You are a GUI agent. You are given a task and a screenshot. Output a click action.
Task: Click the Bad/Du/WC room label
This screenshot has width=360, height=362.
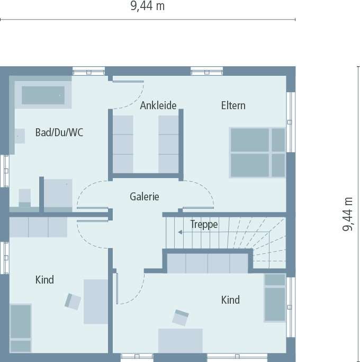point(59,133)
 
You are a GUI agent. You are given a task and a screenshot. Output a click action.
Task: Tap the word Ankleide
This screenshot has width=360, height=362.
point(158,105)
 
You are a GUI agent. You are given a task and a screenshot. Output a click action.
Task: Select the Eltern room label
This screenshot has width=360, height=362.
point(233,105)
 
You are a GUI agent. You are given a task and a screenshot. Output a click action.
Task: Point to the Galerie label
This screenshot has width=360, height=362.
point(145,197)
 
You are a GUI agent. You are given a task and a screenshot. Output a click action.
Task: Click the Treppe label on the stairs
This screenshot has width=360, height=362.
point(204,225)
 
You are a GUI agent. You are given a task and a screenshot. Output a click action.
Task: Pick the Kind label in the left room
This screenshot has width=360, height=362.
point(44,280)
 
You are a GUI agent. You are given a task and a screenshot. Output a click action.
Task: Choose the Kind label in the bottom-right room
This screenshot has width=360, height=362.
point(230,300)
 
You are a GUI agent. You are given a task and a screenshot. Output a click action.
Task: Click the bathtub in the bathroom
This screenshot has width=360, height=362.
point(43,95)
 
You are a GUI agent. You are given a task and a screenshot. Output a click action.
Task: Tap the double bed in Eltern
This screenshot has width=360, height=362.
point(257,153)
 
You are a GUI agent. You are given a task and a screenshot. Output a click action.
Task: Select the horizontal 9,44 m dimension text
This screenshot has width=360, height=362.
point(148,6)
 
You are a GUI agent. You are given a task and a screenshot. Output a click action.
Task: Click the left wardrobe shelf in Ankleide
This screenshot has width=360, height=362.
point(123,144)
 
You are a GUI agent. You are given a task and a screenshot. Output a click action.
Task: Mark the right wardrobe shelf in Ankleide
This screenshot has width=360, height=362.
point(168,144)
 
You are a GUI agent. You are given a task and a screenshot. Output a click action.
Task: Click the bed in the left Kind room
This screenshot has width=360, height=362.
point(21,328)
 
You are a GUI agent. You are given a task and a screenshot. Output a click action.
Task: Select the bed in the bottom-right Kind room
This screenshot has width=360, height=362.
point(275,297)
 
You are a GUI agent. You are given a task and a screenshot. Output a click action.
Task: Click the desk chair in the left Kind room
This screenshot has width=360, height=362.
point(73,301)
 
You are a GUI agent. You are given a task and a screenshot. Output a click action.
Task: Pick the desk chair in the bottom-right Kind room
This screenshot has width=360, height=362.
point(181,317)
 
